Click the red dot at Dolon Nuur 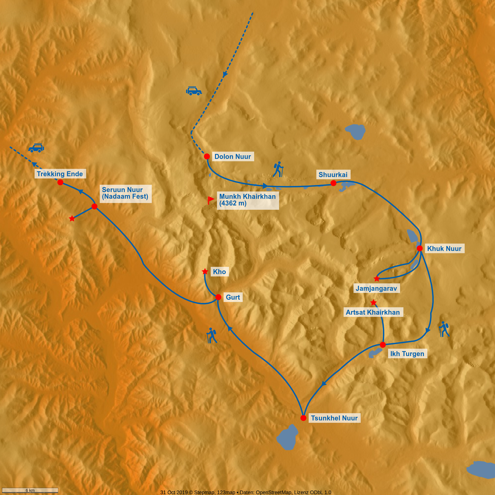tap(207, 156)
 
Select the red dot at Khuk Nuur tap(420, 248)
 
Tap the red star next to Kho tap(205, 271)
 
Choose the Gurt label tap(233, 297)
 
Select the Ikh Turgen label tap(407, 354)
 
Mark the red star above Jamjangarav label tap(376, 279)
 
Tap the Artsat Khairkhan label tap(373, 312)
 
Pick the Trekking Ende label tap(60, 174)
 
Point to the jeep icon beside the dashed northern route tap(194, 91)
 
